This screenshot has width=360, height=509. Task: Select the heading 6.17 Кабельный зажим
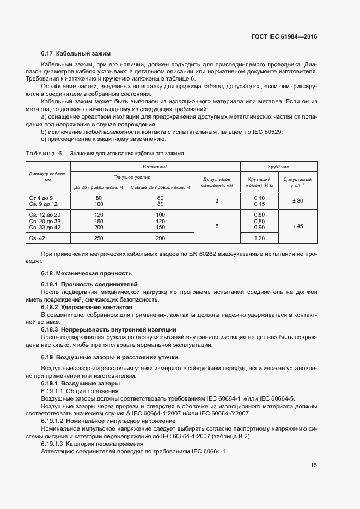pos(76,54)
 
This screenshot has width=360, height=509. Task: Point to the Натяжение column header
pos(155,167)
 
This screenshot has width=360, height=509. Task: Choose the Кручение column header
pos(278,167)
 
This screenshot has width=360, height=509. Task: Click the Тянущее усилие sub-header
pos(132,177)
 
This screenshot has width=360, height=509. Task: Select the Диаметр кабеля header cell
pos(48,177)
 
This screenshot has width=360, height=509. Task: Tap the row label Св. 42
pos(37,238)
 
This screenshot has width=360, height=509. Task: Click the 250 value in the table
pos(99,238)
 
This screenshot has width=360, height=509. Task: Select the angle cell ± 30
pos(297,201)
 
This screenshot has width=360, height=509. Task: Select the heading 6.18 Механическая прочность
pos(87,273)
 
